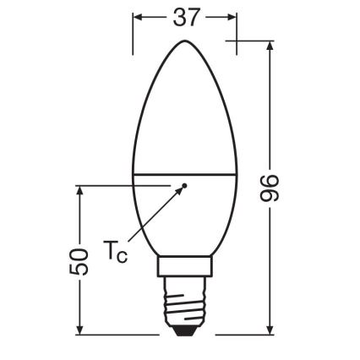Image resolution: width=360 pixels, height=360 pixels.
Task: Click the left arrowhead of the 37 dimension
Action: click(x=138, y=16)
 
